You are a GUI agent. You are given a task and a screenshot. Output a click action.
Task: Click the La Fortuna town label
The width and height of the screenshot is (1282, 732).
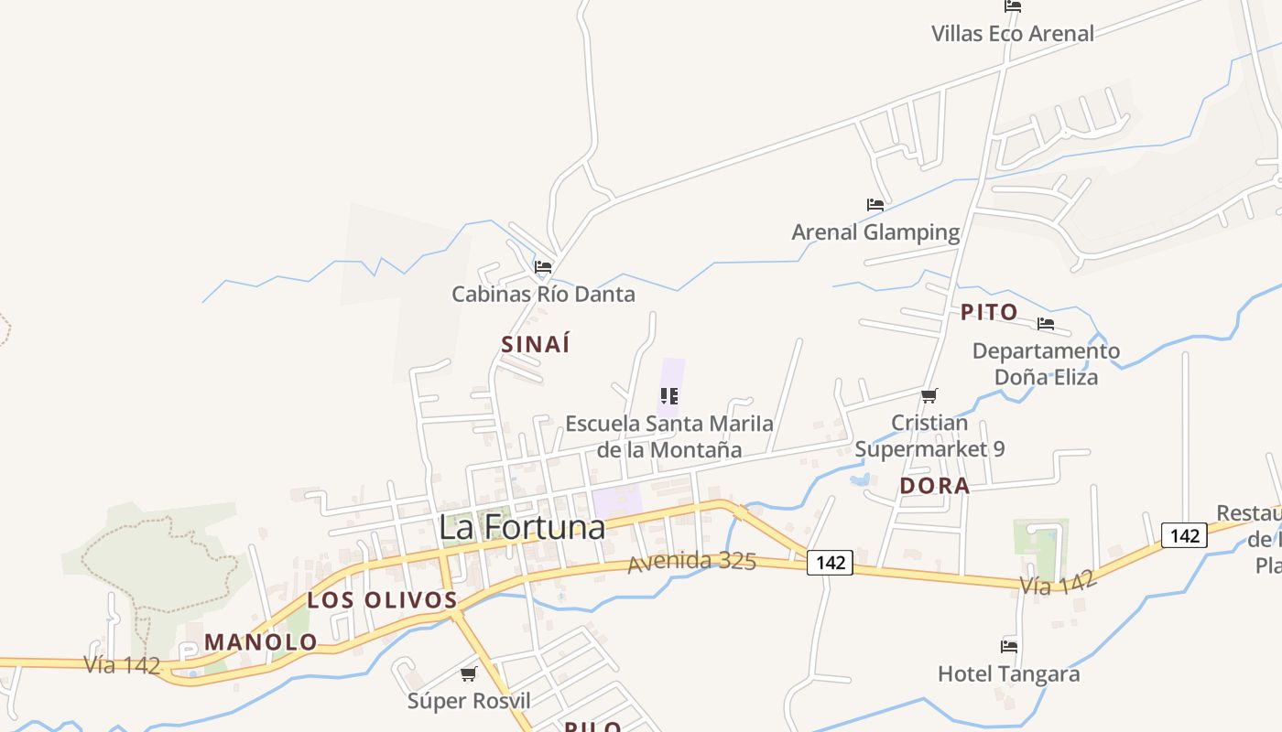(x=522, y=528)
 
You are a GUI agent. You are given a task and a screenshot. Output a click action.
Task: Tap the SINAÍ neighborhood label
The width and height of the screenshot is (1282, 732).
(x=536, y=344)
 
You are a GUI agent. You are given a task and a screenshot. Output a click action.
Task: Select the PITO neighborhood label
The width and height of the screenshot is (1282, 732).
(x=989, y=312)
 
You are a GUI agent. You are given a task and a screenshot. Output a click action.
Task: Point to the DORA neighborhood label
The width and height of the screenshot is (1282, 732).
(x=934, y=486)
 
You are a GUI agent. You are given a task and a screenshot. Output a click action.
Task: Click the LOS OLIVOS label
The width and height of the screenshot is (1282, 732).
(x=382, y=600)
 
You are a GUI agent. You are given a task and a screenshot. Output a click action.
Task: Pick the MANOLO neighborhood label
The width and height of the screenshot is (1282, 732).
(x=261, y=642)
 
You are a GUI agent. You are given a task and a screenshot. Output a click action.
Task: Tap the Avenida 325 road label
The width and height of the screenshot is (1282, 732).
(x=691, y=561)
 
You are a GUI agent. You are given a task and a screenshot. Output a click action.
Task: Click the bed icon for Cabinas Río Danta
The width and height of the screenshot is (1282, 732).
(x=543, y=267)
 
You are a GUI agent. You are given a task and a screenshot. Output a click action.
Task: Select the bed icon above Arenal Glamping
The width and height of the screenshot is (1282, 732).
(x=875, y=205)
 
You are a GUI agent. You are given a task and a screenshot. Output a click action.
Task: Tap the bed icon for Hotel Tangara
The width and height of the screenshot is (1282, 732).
(x=1009, y=647)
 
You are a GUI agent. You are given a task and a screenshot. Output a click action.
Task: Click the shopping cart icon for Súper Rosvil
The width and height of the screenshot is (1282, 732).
(x=469, y=674)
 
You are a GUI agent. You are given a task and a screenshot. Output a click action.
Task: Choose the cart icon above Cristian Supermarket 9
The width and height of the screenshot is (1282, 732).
(x=929, y=395)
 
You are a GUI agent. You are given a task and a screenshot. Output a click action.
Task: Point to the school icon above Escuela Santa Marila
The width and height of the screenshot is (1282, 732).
(x=669, y=396)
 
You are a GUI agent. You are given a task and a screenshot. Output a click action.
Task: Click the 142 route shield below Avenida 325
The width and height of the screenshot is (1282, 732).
(x=830, y=563)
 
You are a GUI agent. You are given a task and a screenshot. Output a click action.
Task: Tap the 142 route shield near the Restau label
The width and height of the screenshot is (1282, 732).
(x=1184, y=535)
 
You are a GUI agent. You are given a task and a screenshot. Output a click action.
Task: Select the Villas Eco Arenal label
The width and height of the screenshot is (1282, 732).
(x=1013, y=34)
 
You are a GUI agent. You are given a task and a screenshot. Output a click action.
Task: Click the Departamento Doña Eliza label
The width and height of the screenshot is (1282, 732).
(x=1046, y=363)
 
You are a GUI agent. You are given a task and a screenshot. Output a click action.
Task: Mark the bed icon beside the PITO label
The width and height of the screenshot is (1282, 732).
(x=1046, y=324)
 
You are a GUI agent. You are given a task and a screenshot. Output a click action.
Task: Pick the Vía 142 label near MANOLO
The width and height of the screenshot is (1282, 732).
(x=122, y=665)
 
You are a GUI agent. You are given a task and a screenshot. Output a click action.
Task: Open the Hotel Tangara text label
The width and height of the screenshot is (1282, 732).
(x=1009, y=674)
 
